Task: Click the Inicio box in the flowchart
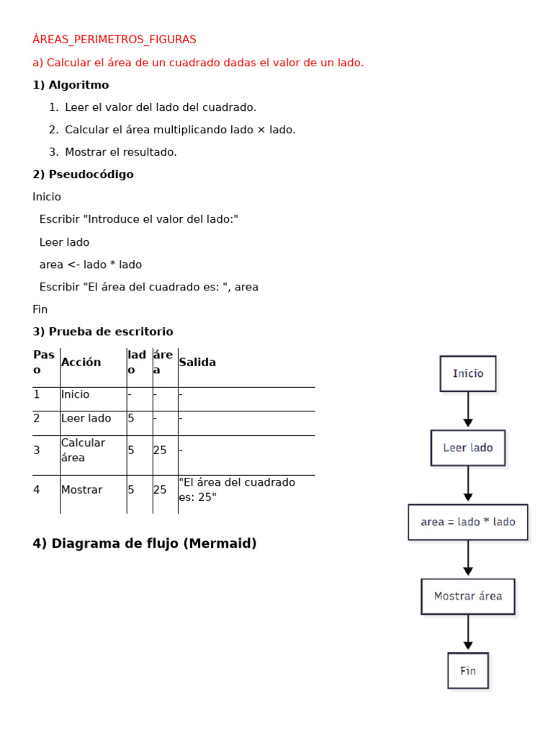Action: pyautogui.click(x=468, y=373)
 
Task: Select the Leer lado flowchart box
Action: pyautogui.click(x=468, y=448)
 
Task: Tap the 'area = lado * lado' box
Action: pyautogui.click(x=468, y=522)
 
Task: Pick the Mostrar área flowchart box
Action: pyautogui.click(x=468, y=596)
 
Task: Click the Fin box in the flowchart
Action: pyautogui.click(x=468, y=670)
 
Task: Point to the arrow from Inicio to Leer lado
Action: pyautogui.click(x=468, y=410)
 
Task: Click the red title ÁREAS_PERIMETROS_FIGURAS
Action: pyautogui.click(x=114, y=39)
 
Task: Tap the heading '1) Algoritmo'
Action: pyautogui.click(x=71, y=85)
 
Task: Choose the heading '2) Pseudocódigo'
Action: pyautogui.click(x=83, y=174)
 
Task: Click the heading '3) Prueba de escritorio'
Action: pyautogui.click(x=103, y=332)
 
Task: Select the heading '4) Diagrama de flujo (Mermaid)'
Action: pyautogui.click(x=145, y=543)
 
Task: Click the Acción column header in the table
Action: pyautogui.click(x=81, y=362)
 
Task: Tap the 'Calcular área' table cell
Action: pyautogui.click(x=84, y=450)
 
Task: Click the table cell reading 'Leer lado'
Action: pyautogui.click(x=86, y=418)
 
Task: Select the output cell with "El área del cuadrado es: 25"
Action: pyautogui.click(x=238, y=489)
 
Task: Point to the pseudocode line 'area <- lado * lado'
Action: pyautogui.click(x=91, y=264)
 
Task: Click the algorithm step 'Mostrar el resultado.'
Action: pyautogui.click(x=120, y=152)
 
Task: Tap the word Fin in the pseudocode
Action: pyautogui.click(x=40, y=309)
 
